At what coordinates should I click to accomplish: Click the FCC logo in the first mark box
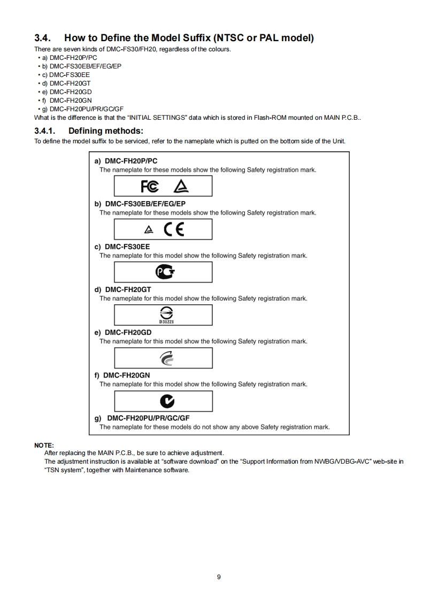(149, 186)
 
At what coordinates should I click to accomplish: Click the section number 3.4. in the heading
(43, 38)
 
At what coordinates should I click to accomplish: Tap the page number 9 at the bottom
(219, 576)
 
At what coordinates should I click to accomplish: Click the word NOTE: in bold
(44, 445)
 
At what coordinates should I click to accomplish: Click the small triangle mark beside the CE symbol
(148, 230)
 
